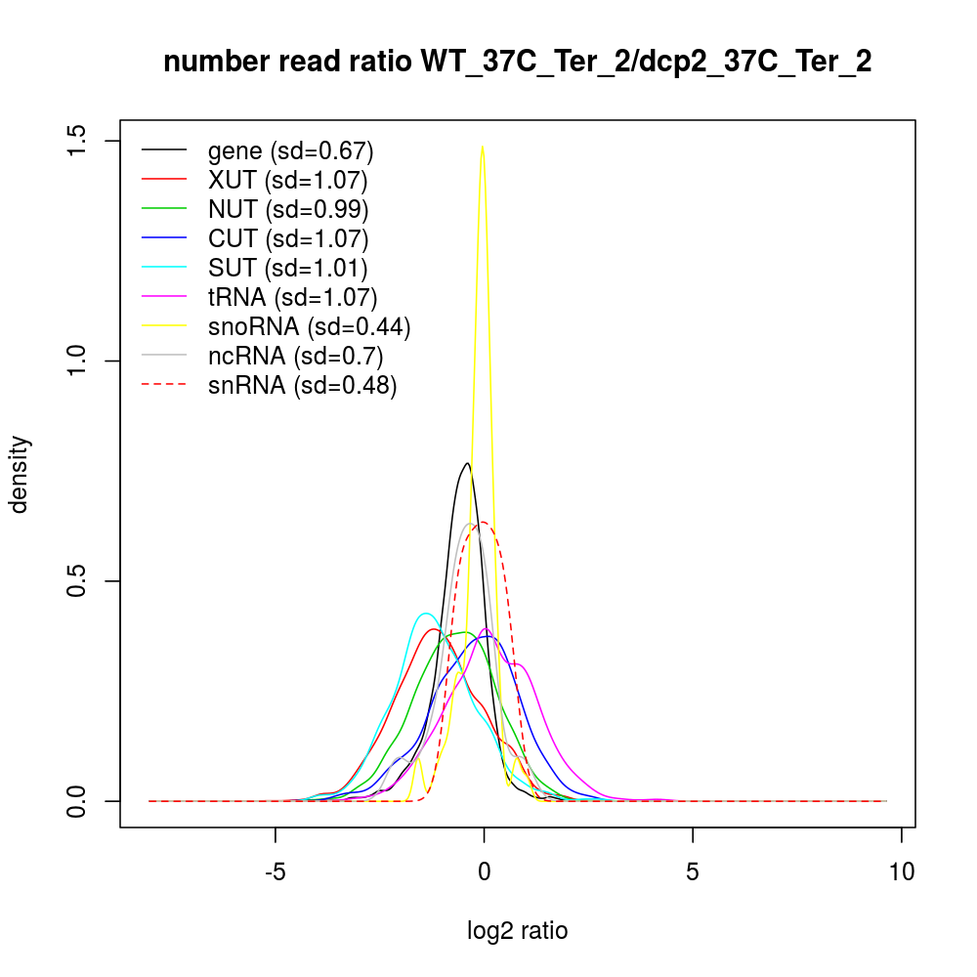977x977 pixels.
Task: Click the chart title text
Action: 517,63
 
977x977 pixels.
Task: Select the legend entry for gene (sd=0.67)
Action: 290,151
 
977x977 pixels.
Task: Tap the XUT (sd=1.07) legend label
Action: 287,181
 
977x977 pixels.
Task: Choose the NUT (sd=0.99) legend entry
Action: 288,209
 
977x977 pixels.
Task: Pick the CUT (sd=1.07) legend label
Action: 288,238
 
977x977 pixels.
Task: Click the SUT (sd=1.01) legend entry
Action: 287,268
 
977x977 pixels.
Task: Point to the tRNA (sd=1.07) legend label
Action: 292,297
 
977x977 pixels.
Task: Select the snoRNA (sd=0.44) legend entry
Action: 309,326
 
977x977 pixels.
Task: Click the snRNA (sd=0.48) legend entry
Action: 302,385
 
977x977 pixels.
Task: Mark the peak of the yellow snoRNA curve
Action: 483,147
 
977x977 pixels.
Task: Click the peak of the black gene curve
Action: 468,463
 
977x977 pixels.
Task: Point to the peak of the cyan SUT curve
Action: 425,614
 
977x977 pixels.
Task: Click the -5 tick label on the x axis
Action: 276,870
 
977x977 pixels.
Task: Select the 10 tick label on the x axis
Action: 901,870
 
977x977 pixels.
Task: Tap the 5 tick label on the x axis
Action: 693,870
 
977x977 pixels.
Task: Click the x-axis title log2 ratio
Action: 517,931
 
